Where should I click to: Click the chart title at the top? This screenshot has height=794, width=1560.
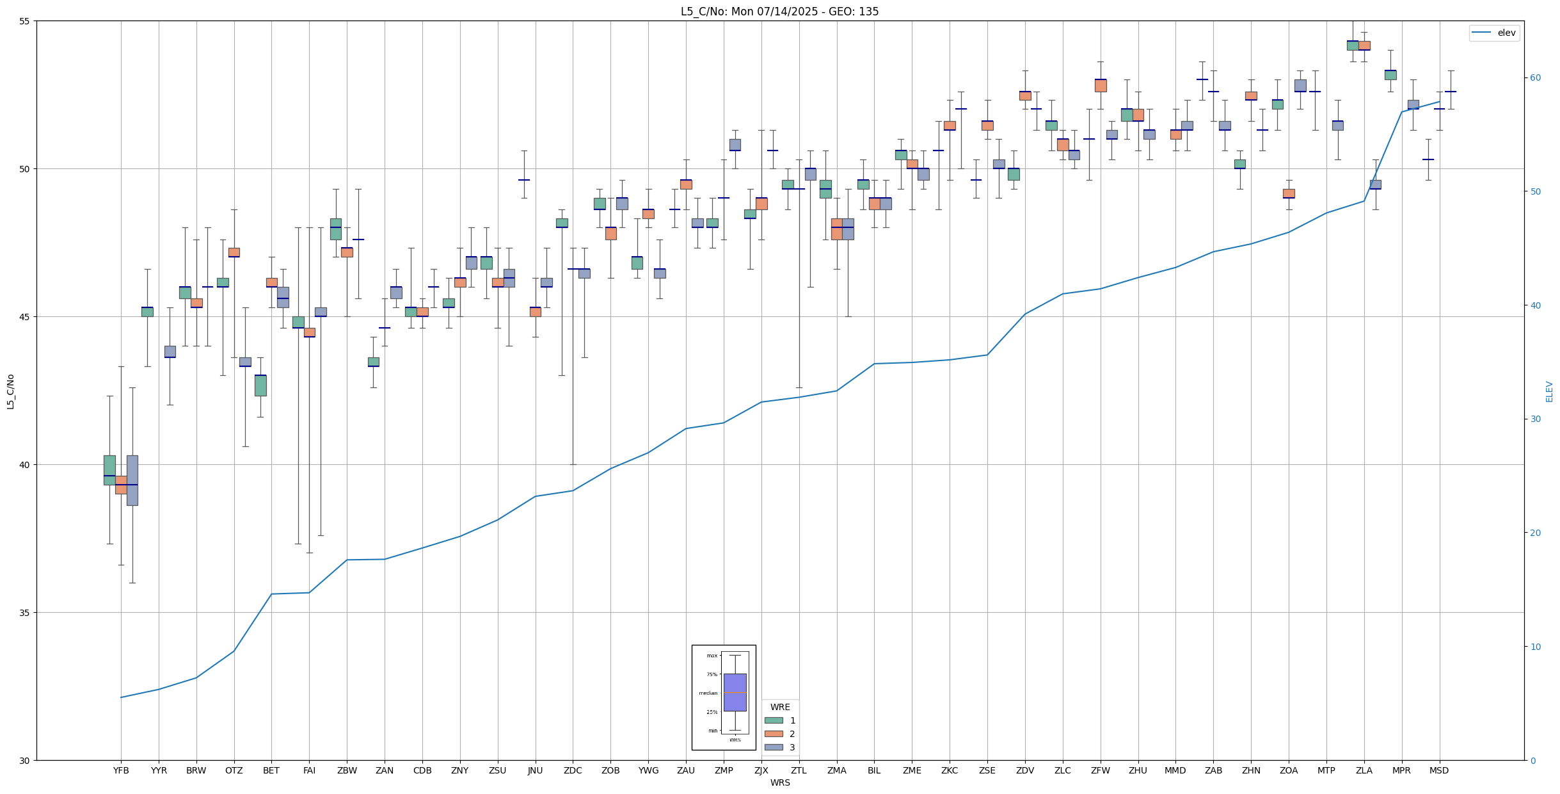[779, 12]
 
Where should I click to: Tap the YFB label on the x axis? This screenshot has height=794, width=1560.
[121, 770]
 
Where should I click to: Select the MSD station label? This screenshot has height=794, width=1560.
[1439, 770]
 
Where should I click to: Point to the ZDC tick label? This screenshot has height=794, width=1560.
[573, 770]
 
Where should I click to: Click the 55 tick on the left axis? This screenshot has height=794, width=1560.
[25, 21]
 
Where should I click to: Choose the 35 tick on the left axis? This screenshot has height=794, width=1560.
[25, 613]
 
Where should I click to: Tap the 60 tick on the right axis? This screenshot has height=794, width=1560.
[1535, 78]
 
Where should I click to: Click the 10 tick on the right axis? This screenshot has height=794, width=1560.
[1535, 647]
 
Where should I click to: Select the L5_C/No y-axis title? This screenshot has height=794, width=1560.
[10, 391]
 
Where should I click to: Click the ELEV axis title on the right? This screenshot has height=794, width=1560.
[1549, 391]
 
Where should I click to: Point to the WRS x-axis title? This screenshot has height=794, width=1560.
[779, 782]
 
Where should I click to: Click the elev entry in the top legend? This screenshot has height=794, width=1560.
[1506, 33]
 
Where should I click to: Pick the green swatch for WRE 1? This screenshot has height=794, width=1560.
[774, 720]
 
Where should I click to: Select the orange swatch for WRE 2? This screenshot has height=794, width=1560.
[774, 734]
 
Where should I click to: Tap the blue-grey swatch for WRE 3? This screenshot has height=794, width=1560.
[774, 747]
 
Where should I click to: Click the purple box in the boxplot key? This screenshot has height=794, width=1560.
[735, 692]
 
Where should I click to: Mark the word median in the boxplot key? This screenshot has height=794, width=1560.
[708, 693]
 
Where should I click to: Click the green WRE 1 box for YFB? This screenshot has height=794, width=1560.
[109, 469]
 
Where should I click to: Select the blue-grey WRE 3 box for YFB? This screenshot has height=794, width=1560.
[132, 480]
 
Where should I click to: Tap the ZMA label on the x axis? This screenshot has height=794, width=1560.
[836, 770]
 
